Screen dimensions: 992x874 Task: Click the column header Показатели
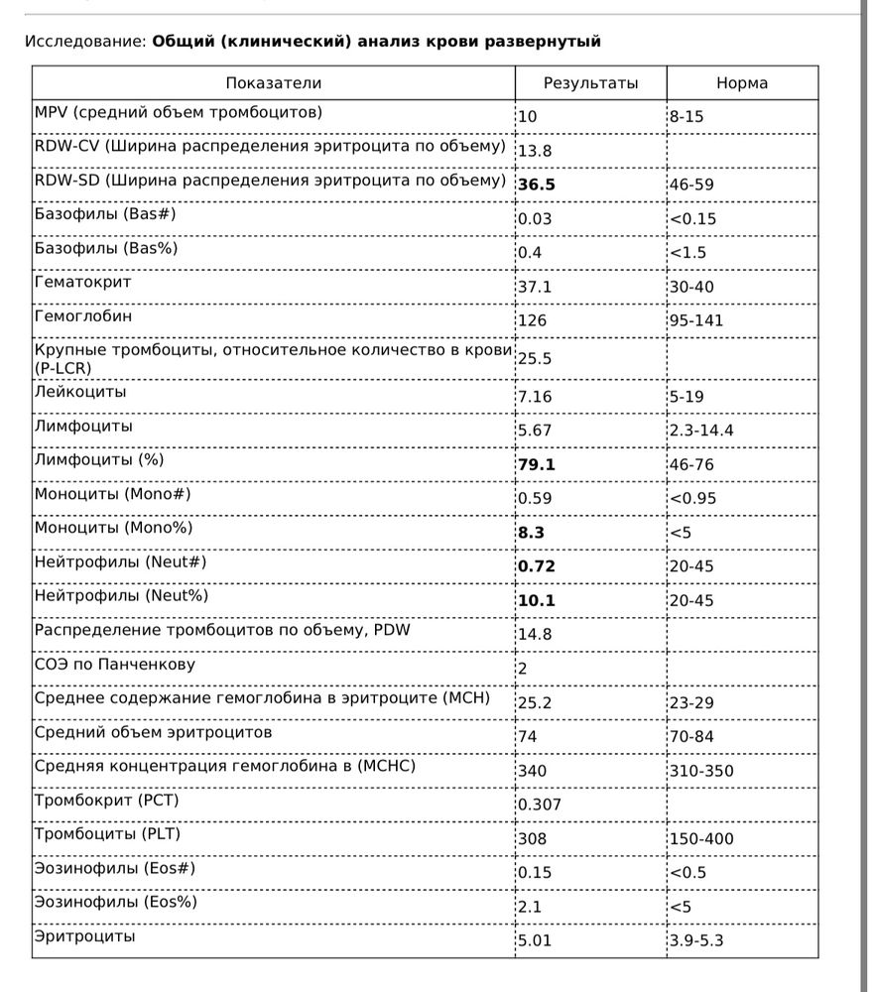pyautogui.click(x=273, y=83)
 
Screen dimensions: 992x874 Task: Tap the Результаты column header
pyautogui.click(x=590, y=83)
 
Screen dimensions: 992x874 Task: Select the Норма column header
pyautogui.click(x=742, y=83)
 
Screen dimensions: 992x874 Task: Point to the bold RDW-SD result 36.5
pyautogui.click(x=537, y=185)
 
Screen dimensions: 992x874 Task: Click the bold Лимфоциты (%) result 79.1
pyautogui.click(x=536, y=464)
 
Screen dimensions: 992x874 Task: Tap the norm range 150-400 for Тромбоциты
pyautogui.click(x=701, y=839)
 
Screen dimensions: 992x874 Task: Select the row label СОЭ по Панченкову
pyautogui.click(x=114, y=664)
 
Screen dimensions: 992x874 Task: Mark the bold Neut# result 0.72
pyautogui.click(x=536, y=566)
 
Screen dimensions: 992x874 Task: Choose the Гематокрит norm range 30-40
pyautogui.click(x=691, y=287)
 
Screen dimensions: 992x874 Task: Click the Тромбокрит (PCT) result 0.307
pyautogui.click(x=540, y=805)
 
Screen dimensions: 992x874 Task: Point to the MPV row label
pyautogui.click(x=179, y=112)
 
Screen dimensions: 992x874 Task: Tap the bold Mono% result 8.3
pyautogui.click(x=531, y=532)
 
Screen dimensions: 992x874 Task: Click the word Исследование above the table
pyautogui.click(x=84, y=42)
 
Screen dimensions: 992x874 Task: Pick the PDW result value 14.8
pyautogui.click(x=535, y=634)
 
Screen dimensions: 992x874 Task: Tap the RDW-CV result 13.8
pyautogui.click(x=535, y=151)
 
